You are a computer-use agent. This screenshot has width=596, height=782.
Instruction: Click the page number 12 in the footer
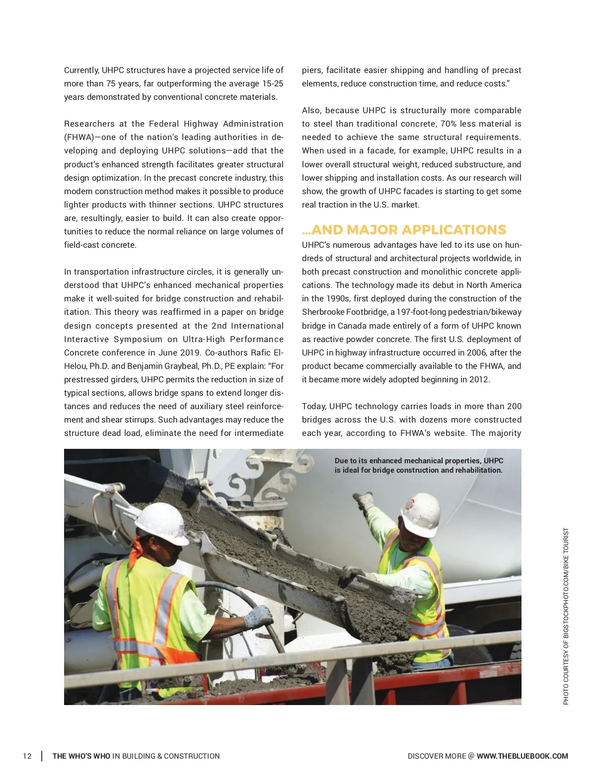(27, 756)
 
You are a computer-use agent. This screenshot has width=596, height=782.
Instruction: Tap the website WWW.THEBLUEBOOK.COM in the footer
(522, 756)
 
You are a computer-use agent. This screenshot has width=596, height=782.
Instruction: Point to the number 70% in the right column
(448, 124)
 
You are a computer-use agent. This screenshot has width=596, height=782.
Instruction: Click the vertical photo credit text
(566, 616)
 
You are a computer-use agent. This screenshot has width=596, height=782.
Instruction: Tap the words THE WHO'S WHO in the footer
(81, 756)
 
